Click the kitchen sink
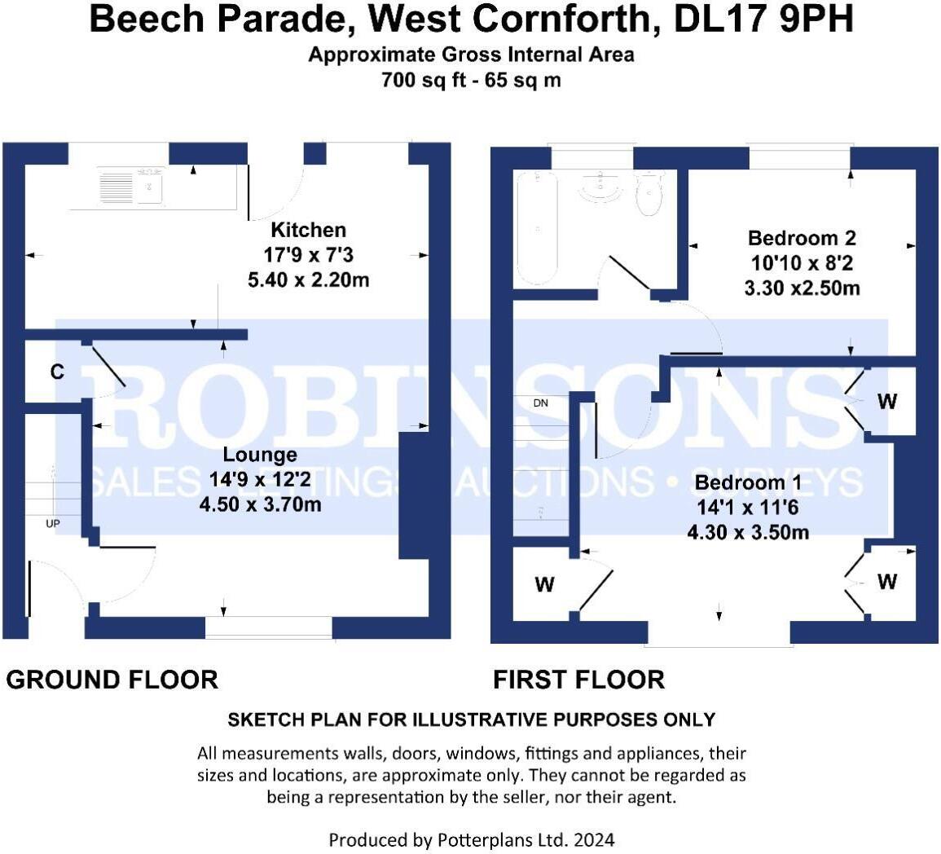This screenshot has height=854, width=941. pyautogui.click(x=131, y=185)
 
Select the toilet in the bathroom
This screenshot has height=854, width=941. pyautogui.click(x=650, y=192)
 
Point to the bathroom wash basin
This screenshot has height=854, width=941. pyautogui.click(x=600, y=185)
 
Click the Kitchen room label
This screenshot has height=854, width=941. pyautogui.click(x=308, y=230)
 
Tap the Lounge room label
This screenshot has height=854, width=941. pyautogui.click(x=260, y=455)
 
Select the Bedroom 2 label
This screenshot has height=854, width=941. pyautogui.click(x=802, y=238)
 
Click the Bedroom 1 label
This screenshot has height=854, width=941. pyautogui.click(x=748, y=482)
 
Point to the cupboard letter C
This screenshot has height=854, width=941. pyautogui.click(x=57, y=372)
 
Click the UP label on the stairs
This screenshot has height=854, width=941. pyautogui.click(x=52, y=523)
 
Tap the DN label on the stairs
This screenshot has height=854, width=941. pyautogui.click(x=541, y=403)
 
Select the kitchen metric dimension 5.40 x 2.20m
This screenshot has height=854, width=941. pyautogui.click(x=308, y=280)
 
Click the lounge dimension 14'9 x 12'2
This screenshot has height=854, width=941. pyautogui.click(x=260, y=480)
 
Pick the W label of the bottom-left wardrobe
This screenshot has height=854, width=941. pyautogui.click(x=544, y=584)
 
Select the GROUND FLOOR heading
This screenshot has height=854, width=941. pyautogui.click(x=112, y=679)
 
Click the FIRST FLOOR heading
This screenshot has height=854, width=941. pyautogui.click(x=578, y=679)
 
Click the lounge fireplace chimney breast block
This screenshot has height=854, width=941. pyautogui.click(x=412, y=495)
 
